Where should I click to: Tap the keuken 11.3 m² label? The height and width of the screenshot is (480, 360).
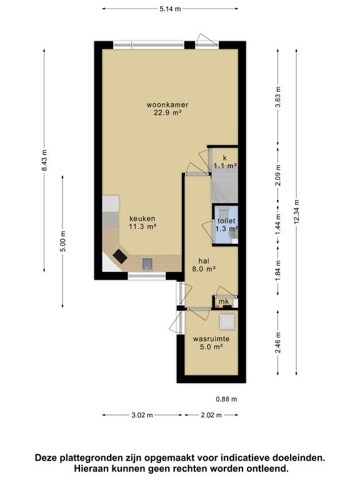(x=142, y=222)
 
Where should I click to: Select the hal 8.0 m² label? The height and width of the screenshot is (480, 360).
(x=204, y=265)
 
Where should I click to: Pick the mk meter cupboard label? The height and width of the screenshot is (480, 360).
(x=224, y=301)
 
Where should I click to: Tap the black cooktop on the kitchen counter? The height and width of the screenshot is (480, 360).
(x=120, y=256)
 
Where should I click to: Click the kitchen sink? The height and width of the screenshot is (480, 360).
(x=147, y=264)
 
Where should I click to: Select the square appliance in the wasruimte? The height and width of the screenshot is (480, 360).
(x=227, y=322)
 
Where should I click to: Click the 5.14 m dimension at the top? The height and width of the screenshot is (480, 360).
(x=170, y=9)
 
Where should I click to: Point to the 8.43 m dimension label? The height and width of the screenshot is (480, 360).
(x=44, y=161)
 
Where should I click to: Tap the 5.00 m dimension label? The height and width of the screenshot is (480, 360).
(x=63, y=241)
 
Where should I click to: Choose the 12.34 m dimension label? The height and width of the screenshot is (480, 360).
(x=296, y=211)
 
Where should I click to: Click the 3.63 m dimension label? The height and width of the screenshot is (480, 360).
(x=278, y=97)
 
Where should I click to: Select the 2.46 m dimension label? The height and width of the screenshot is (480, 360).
(x=278, y=342)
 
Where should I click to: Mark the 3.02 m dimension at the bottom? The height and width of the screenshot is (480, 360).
(x=142, y=415)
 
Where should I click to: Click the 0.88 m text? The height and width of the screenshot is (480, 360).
(x=226, y=399)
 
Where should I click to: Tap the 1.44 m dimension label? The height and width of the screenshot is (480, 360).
(x=278, y=224)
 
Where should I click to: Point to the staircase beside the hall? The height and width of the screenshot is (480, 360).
(x=225, y=186)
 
